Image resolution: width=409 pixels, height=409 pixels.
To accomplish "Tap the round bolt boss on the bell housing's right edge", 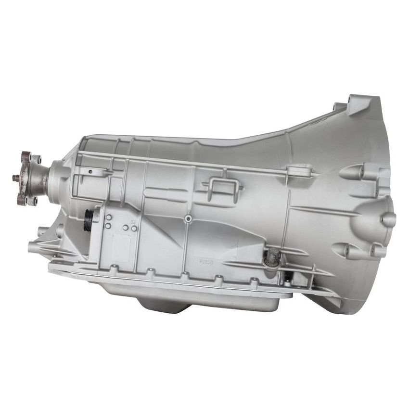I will pos(388,219).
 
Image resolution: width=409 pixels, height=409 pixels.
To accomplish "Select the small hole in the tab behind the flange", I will pos(90,171).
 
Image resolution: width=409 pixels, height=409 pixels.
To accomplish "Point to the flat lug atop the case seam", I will pos(295,170).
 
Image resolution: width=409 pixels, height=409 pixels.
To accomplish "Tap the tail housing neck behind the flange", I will pos(53,178).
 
